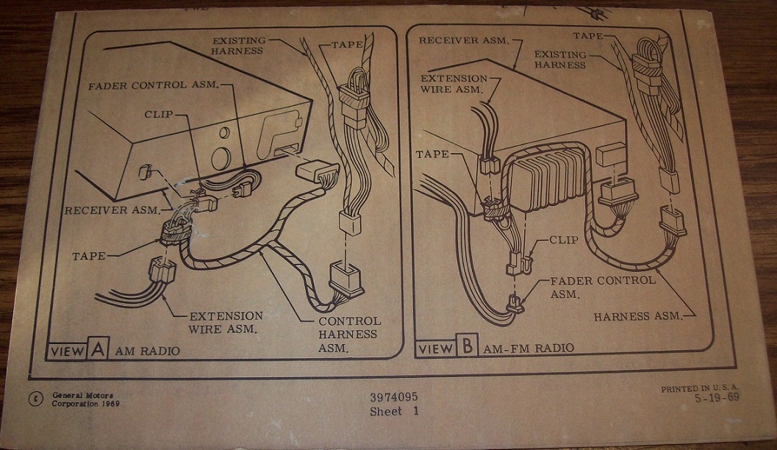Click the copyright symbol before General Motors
coord(35,399)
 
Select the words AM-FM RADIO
coord(529,347)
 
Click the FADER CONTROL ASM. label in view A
coord(153,85)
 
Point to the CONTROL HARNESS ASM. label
coord(349,335)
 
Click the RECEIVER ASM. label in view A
coord(112,210)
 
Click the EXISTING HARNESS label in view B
coord(559,60)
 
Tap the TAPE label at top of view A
coord(347,44)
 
